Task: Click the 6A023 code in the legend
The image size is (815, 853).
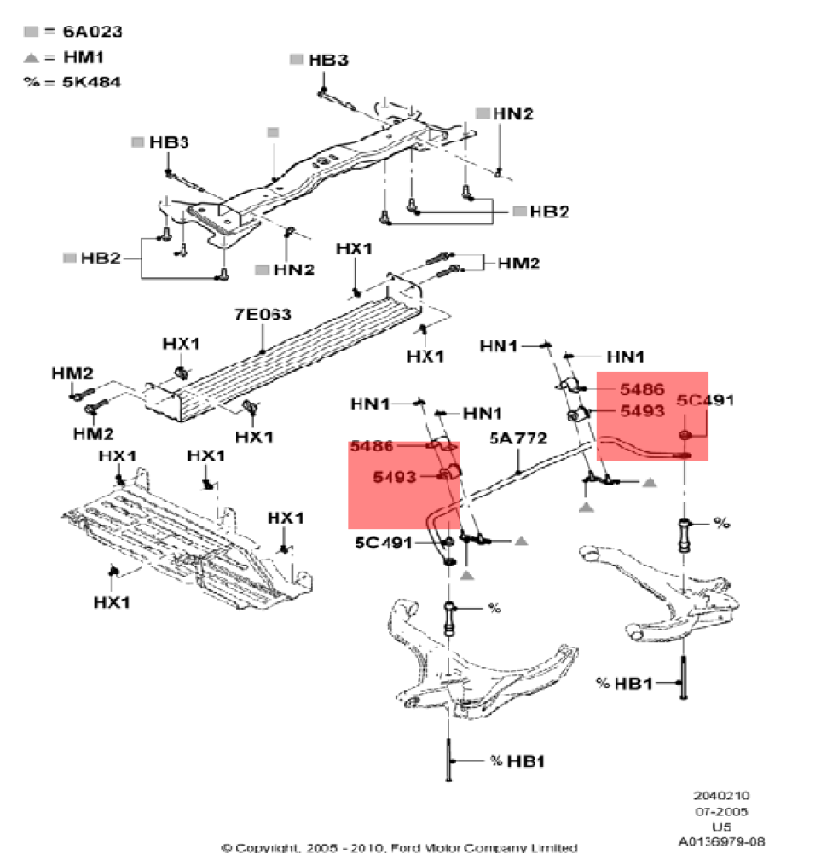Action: tap(92, 32)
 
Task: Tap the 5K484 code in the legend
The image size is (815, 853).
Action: tap(91, 82)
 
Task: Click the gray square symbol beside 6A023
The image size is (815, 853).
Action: tap(32, 32)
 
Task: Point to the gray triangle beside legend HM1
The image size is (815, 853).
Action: tap(32, 57)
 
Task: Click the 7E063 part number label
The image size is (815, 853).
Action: tap(263, 315)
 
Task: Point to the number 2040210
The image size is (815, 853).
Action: tap(720, 796)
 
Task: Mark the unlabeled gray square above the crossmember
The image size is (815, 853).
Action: tap(273, 132)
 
